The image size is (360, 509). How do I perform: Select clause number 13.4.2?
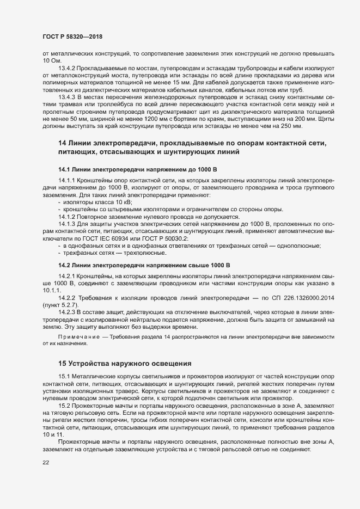coord(66,68)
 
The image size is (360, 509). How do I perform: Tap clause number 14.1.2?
coord(66,217)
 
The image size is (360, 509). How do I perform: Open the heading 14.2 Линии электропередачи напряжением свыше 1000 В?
coord(141,265)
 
